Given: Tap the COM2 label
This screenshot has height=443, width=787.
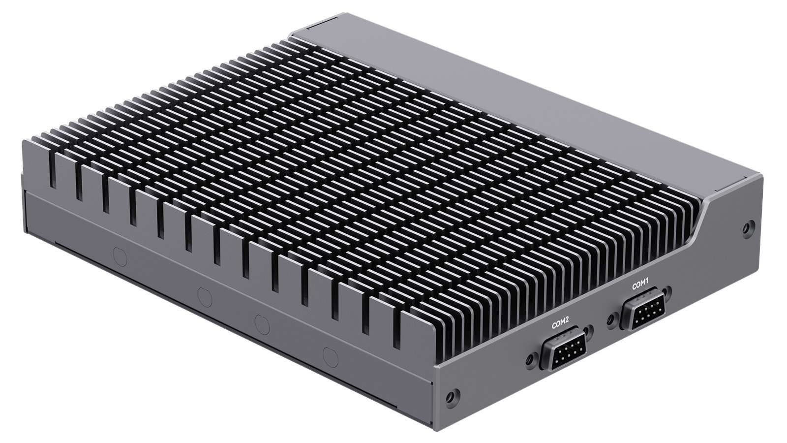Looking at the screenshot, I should (x=560, y=324).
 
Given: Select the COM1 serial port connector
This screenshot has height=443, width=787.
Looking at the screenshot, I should (x=644, y=311).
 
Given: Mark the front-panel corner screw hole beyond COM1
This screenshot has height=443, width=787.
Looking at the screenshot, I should (x=748, y=227).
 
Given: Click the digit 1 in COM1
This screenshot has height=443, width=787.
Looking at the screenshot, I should (x=648, y=282).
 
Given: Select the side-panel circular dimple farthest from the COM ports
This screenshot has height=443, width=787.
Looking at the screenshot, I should (x=120, y=256).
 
